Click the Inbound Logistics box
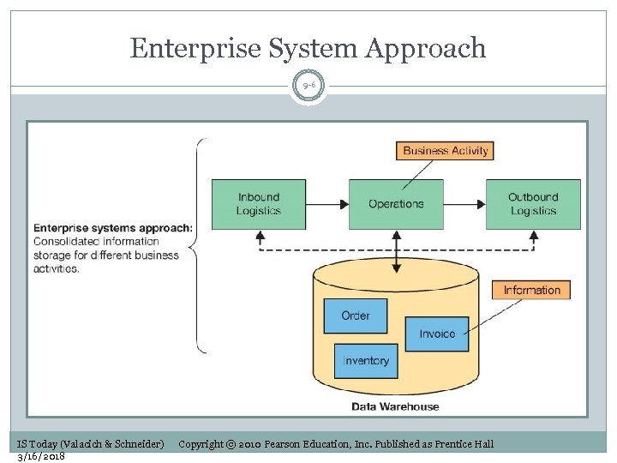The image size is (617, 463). click(x=259, y=204)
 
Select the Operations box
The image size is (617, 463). click(x=396, y=204)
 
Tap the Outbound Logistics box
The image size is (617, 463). click(x=533, y=204)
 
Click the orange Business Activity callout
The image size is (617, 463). click(x=446, y=151)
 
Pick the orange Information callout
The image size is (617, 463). click(x=531, y=290)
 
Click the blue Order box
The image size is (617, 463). click(x=355, y=316)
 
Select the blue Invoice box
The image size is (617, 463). click(x=437, y=334)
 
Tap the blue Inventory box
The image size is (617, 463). click(x=366, y=361)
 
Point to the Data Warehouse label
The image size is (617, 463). click(x=395, y=406)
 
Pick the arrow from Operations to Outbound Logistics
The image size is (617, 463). click(x=464, y=204)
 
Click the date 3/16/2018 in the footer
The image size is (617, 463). click(x=41, y=456)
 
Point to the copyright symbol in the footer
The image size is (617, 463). click(x=231, y=444)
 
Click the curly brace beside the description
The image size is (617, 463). click(x=199, y=246)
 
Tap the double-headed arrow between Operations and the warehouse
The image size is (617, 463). click(x=396, y=251)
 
